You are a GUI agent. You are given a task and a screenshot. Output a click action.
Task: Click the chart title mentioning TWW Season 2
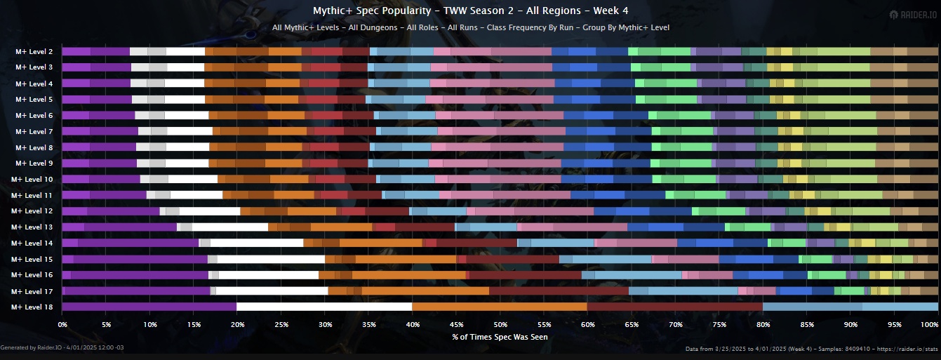tap(470, 11)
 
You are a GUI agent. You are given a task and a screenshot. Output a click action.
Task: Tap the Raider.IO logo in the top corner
tap(912, 15)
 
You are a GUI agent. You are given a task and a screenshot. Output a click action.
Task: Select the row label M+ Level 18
tap(32, 307)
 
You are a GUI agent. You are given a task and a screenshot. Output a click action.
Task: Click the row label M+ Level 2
tap(34, 52)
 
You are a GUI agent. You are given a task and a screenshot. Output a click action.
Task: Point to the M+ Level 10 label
tap(32, 180)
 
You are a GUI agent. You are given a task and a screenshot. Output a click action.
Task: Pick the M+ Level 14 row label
tap(32, 244)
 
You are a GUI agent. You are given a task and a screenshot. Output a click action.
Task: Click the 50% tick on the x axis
tap(500, 325)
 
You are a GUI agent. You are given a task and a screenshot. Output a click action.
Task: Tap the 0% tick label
tap(62, 325)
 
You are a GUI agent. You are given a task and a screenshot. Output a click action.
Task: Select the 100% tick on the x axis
tap(929, 325)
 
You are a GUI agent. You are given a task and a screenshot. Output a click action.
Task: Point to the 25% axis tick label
tap(281, 325)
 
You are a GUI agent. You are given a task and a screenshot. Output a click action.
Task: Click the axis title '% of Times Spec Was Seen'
tap(500, 337)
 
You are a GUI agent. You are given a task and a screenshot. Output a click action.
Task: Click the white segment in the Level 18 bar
tap(324, 307)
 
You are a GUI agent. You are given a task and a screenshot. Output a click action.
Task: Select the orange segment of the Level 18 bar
tap(500, 307)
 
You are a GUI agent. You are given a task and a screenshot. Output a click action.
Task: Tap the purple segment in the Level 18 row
tap(149, 307)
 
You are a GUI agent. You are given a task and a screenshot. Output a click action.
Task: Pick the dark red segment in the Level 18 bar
tap(674, 307)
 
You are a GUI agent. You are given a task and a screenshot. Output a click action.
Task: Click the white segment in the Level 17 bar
tap(272, 291)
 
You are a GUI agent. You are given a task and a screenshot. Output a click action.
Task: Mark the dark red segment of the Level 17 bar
tap(559, 291)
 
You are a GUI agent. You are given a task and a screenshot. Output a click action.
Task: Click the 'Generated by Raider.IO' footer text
tap(62, 348)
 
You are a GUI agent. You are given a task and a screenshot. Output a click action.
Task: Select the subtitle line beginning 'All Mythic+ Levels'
tap(470, 28)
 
